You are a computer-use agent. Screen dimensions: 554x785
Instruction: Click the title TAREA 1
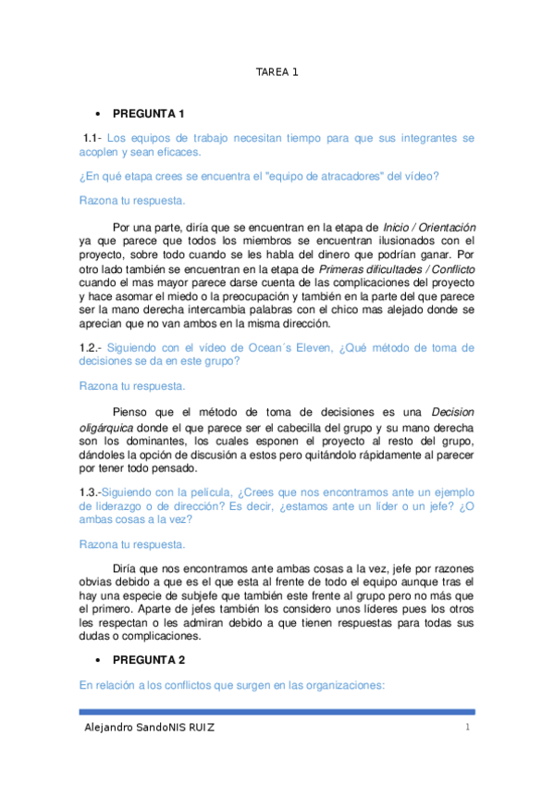coord(277,71)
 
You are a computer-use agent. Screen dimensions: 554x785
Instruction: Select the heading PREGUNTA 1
coord(149,114)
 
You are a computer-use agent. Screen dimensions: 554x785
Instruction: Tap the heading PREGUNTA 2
coord(149,661)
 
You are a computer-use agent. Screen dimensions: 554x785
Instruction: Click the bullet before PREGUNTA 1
coord(97,114)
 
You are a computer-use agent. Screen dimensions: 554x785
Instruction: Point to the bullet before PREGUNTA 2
coord(97,661)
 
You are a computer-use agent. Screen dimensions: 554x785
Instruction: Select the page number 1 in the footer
coord(469,728)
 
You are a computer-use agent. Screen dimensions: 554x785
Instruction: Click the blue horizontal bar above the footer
coord(277,711)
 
